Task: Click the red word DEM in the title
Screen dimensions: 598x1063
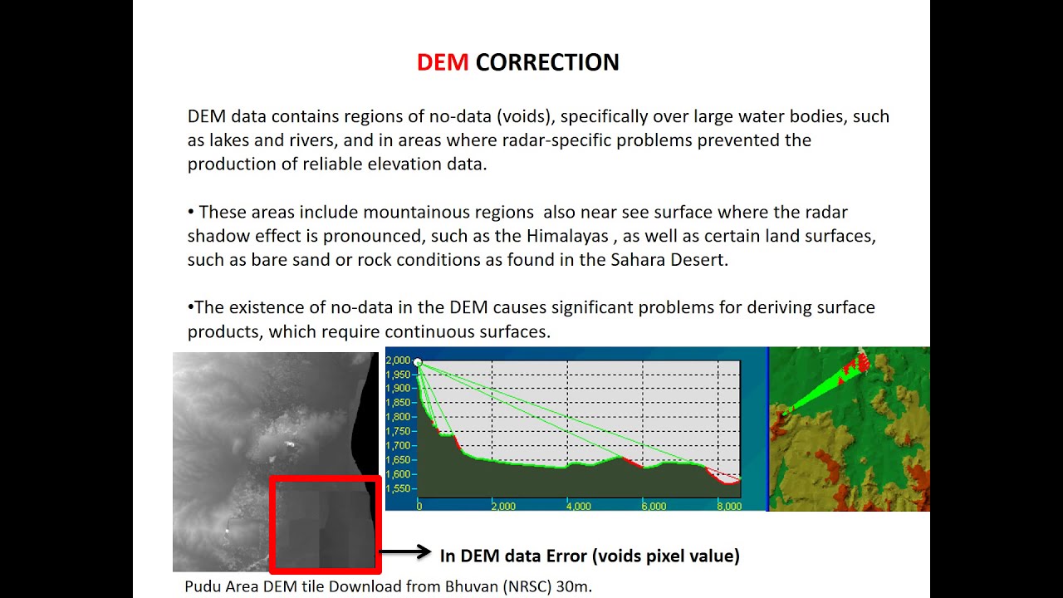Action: tap(443, 62)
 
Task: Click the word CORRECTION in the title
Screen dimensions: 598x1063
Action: tap(547, 62)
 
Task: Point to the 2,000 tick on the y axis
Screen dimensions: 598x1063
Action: tap(399, 360)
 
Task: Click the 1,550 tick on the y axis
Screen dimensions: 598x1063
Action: tap(399, 488)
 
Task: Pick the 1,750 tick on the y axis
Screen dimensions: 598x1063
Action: tap(399, 431)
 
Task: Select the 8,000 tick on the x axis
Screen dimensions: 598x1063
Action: tap(728, 506)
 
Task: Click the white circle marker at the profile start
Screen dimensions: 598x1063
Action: tap(418, 363)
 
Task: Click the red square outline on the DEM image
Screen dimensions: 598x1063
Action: tap(325, 478)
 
